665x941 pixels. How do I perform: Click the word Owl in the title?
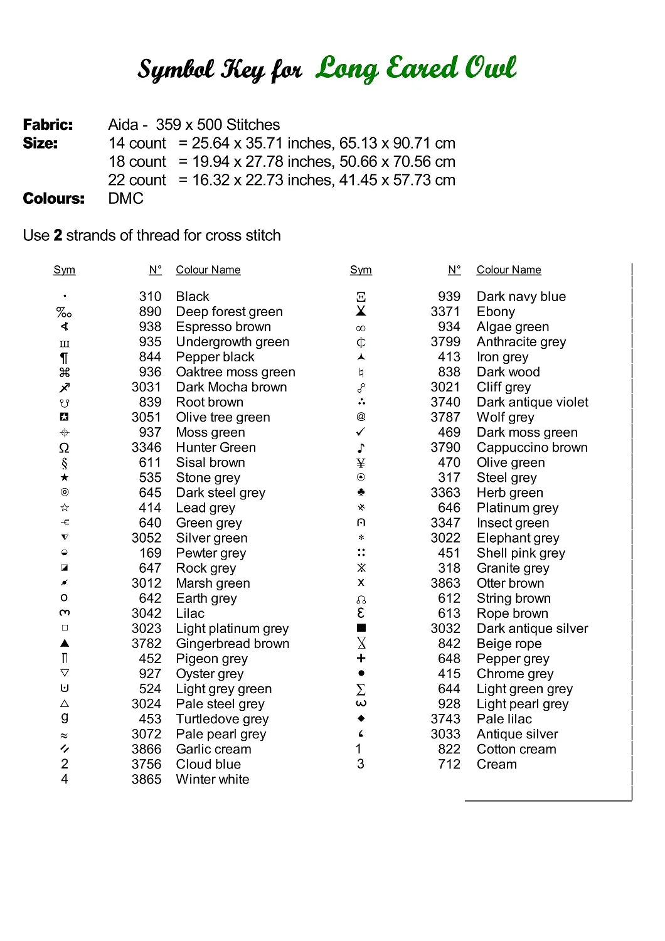pos(487,68)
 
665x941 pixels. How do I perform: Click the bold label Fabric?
pos(48,125)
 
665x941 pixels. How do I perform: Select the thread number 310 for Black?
pos(150,297)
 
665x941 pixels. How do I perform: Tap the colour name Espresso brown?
pos(223,327)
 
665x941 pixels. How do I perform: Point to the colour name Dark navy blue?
pos(521,297)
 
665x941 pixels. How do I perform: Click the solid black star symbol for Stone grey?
pos(65,478)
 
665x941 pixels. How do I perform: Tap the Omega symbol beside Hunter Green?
pos(64,448)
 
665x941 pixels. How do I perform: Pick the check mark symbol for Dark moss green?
pos(361,432)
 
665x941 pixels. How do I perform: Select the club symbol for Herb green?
pos(361,492)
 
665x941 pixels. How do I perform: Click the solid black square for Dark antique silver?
pos(361,628)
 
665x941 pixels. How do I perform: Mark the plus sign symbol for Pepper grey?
pos(361,658)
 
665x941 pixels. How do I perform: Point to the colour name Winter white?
pos(212,780)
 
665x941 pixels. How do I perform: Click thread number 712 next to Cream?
pos(449,765)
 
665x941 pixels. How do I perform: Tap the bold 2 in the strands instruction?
pos(58,236)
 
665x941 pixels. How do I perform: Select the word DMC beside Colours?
pos(125,199)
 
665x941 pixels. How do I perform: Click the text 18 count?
pos(137,162)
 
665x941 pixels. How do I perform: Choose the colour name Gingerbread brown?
pos(232,644)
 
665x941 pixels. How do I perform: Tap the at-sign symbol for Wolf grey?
pos(361,417)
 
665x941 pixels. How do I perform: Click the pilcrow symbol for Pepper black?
pos(64,358)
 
